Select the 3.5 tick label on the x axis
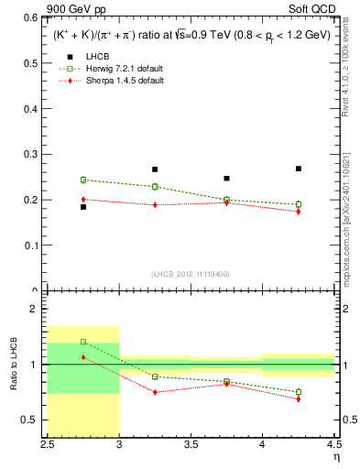click(x=191, y=444)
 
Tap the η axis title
click(x=336, y=456)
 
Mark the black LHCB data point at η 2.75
click(x=83, y=207)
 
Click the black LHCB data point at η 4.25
click(x=299, y=169)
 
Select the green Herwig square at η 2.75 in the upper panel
click(x=83, y=180)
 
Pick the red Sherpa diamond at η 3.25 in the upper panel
click(x=155, y=205)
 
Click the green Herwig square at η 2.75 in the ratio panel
click(x=83, y=342)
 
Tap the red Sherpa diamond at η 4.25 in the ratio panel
click(x=299, y=398)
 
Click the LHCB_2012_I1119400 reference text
click(x=190, y=275)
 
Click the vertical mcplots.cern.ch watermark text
click(x=346, y=215)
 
